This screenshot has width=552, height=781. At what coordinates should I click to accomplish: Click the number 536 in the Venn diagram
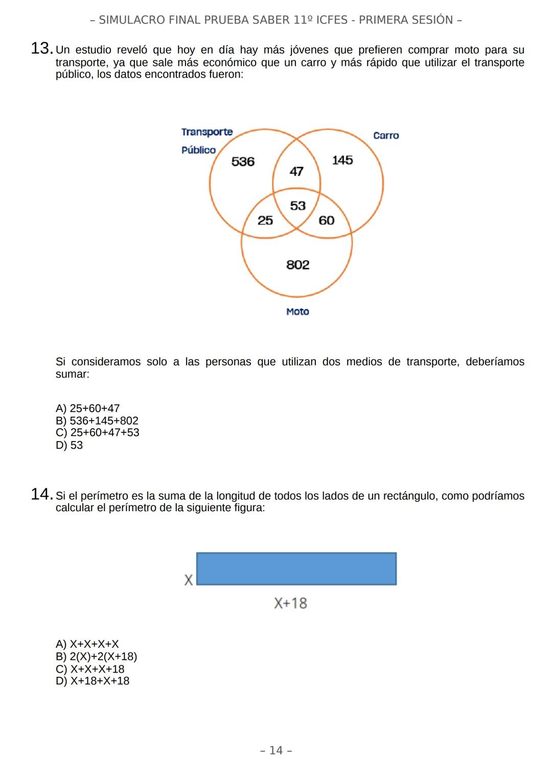coord(243,162)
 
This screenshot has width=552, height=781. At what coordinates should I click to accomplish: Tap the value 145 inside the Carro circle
coord(342,160)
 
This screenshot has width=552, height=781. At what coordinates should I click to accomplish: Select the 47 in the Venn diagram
coord(296,171)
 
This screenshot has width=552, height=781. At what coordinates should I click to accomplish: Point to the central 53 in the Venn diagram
coord(297,205)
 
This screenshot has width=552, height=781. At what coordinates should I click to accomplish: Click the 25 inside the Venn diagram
coord(265,220)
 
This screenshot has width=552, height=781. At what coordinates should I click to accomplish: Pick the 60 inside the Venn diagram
coord(327,220)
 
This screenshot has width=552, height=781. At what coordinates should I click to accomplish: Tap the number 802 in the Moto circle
coord(298,265)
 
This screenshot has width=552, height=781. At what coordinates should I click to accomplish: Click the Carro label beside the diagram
coord(386,135)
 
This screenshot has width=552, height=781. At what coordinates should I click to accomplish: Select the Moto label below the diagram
coord(297,312)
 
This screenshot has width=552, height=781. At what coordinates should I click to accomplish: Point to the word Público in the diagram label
coord(198,150)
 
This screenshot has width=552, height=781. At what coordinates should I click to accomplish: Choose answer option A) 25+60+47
coord(87,408)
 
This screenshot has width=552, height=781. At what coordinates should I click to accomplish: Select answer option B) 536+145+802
coord(97,421)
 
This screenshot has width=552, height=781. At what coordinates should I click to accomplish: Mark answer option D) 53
coord(69,445)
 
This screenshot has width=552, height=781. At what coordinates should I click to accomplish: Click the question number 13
coord(41,49)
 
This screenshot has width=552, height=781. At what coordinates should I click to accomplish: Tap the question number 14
coord(41,495)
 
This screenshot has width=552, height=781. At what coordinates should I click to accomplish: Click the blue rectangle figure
coord(296,568)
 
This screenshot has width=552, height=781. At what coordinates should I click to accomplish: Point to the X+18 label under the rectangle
coord(290,603)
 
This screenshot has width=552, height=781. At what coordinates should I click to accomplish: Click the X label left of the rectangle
coord(189,580)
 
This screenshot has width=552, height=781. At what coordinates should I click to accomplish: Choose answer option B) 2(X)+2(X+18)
coord(96,656)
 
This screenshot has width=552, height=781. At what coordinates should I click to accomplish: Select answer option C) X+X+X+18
coord(90,669)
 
